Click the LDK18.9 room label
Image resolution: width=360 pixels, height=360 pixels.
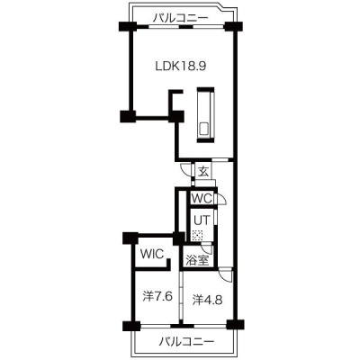pyautogui.click(x=180, y=66)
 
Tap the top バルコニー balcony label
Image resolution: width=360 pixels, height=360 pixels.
pyautogui.click(x=180, y=18)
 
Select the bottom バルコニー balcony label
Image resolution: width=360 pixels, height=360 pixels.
pyautogui.click(x=186, y=341)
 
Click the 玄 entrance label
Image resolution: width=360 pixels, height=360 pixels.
pyautogui.click(x=203, y=172)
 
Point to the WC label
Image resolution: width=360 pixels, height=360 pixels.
pyautogui.click(x=202, y=198)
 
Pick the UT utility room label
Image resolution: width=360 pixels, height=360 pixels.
pyautogui.click(x=202, y=220)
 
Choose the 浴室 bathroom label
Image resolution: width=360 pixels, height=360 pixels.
pyautogui.click(x=197, y=260)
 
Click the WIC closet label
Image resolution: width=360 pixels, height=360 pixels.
pyautogui.click(x=153, y=254)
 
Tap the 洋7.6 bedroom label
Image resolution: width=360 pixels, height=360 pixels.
pyautogui.click(x=157, y=297)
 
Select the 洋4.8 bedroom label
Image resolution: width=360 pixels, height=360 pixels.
pyautogui.click(x=207, y=300)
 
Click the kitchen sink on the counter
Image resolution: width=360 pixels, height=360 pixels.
pyautogui.click(x=205, y=129)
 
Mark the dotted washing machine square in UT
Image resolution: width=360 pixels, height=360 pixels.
pyautogui.click(x=197, y=235)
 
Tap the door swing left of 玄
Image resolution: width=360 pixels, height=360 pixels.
pyautogui.click(x=185, y=170)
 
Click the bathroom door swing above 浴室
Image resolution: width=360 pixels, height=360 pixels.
pyautogui.click(x=207, y=248)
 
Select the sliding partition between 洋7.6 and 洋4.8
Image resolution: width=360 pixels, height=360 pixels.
pyautogui.click(x=182, y=297)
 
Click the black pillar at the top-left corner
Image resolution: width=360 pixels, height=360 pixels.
pyautogui.click(x=128, y=26)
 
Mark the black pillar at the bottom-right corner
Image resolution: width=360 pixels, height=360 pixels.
pyautogui.click(x=235, y=325)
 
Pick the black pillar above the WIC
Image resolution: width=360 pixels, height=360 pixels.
pyautogui.click(x=130, y=238)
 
